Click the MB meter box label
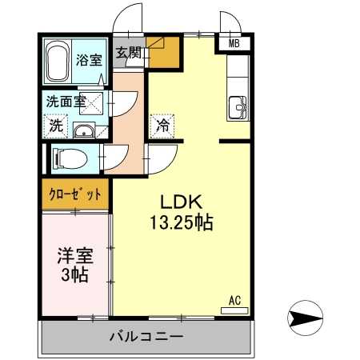coord(234,43)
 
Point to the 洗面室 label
coord(65,102)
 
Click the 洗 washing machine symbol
coord(56,126)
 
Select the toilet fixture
coord(66,158)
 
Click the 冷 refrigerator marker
coord(162,126)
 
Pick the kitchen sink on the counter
coord(238,106)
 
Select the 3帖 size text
coord(75,275)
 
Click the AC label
coord(235,299)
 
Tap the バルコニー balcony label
coord(146,336)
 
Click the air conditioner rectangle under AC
coord(235,309)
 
